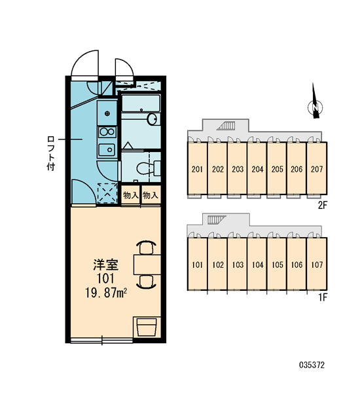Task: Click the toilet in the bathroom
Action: [149, 168]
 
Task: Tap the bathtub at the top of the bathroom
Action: [141, 103]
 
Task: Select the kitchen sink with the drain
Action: [107, 150]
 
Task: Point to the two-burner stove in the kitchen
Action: [107, 132]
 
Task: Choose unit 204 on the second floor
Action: [257, 168]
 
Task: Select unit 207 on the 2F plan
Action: [317, 168]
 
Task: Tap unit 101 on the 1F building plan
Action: [198, 264]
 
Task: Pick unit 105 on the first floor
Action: [277, 264]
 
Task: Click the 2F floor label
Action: [323, 206]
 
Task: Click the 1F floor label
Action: [323, 297]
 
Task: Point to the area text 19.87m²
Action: [106, 293]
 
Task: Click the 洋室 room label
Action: [106, 265]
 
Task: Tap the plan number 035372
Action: [312, 365]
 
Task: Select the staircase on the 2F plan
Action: [226, 125]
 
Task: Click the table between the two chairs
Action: [147, 265]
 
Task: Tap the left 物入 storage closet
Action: [130, 195]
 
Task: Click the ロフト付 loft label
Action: [51, 153]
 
